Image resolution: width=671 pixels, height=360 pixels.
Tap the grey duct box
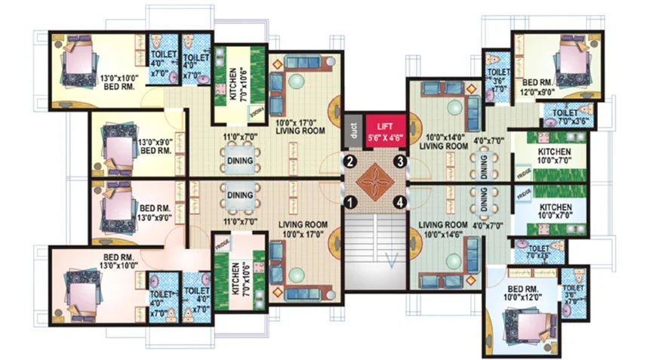(353, 129)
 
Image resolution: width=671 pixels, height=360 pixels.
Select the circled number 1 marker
(349, 202)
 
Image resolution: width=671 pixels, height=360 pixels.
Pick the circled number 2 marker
(349, 160)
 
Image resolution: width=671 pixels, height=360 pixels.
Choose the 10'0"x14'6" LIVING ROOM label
(445, 229)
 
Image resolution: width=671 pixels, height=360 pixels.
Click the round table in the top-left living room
(298, 82)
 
